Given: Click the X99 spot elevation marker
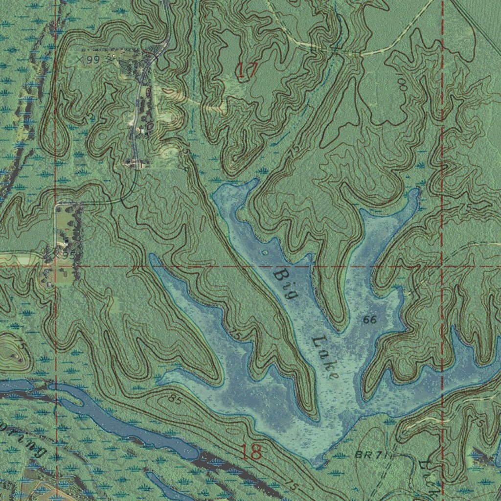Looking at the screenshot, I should tap(89, 59).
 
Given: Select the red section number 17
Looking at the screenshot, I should tap(247, 71).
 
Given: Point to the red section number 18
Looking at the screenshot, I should tap(251, 452).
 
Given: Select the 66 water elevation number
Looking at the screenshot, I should tap(370, 320).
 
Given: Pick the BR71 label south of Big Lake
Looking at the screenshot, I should tap(371, 455).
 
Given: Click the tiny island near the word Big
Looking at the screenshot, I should tap(265, 253).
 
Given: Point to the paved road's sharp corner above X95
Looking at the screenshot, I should tap(57, 204).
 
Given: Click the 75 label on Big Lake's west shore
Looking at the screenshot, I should tap(236, 335).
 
